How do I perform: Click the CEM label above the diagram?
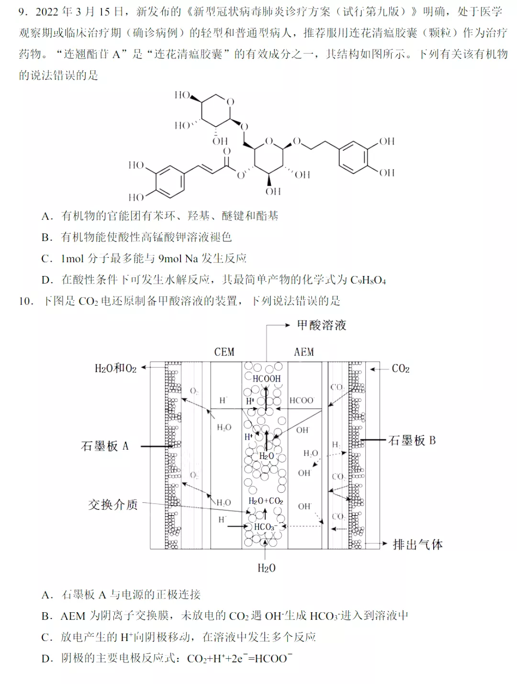224,352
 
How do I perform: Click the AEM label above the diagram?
303,352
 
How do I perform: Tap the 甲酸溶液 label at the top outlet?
321,325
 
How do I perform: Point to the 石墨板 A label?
105,446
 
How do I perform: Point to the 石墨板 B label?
412,441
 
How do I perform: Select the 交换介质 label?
112,505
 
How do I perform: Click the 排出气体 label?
417,544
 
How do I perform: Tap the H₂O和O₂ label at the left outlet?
115,368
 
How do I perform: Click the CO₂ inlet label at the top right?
401,369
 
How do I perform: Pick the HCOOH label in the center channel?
266,379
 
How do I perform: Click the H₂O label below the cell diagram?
266,568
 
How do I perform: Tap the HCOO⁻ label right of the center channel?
302,400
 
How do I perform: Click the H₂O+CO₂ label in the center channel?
266,501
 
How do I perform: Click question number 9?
23,12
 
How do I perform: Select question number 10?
26,301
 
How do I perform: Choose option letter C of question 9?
46,259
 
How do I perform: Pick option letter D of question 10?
47,659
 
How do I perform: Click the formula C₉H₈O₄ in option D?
368,280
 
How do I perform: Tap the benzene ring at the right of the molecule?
353,157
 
